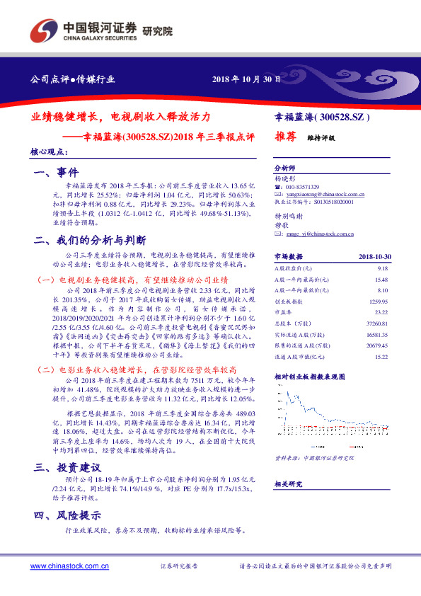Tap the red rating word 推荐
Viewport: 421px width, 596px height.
(x=285, y=138)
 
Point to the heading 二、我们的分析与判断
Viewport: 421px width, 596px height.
(x=90, y=240)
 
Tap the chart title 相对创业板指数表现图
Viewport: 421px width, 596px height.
(x=309, y=377)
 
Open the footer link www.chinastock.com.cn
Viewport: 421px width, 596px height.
(x=69, y=566)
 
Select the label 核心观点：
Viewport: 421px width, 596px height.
(x=50, y=151)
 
